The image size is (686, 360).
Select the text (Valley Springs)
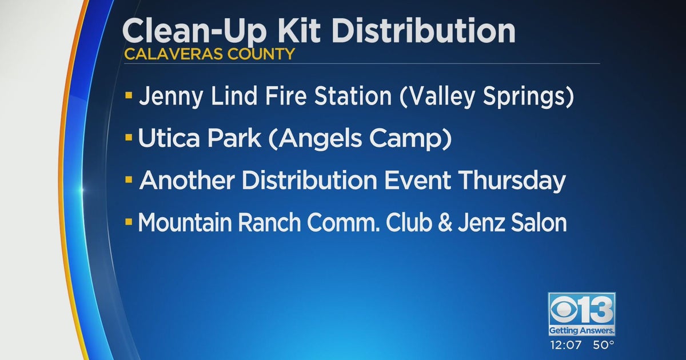coord(485,97)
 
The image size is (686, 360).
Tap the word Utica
coord(171,139)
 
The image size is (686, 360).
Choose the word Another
coord(187,181)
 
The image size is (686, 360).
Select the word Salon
coord(538,223)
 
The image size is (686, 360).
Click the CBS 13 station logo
coord(581,313)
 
